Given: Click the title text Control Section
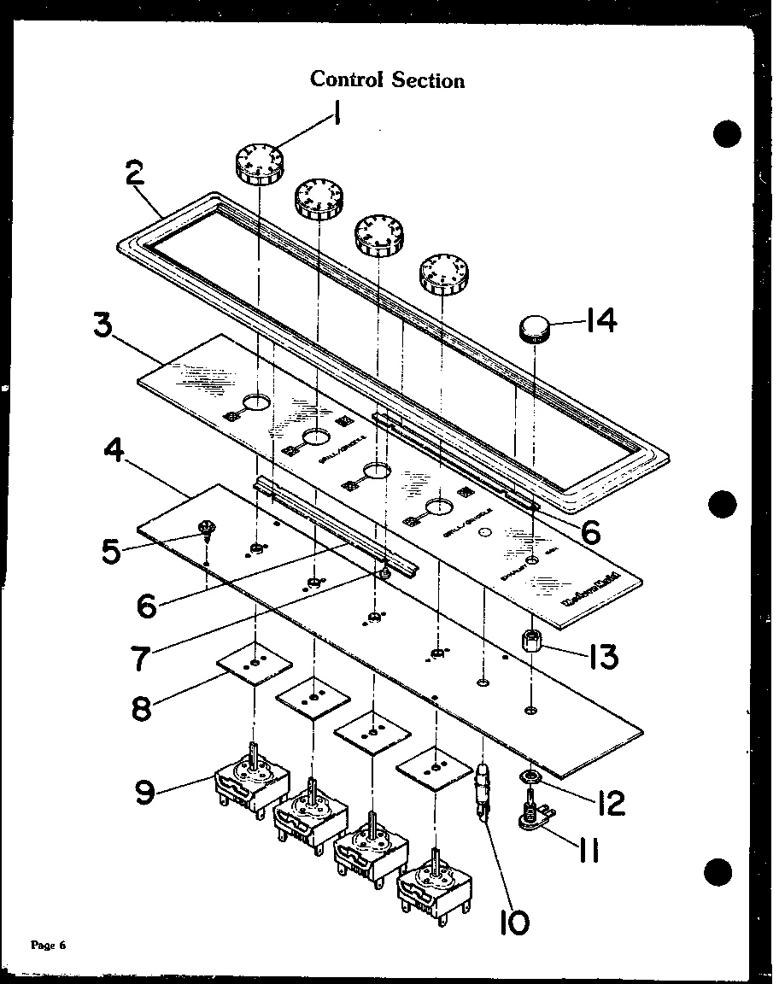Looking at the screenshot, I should click(387, 80).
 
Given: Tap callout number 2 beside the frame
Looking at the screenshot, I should click(135, 177).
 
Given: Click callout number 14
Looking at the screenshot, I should click(599, 322).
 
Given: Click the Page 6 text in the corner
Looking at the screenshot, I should click(48, 945).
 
